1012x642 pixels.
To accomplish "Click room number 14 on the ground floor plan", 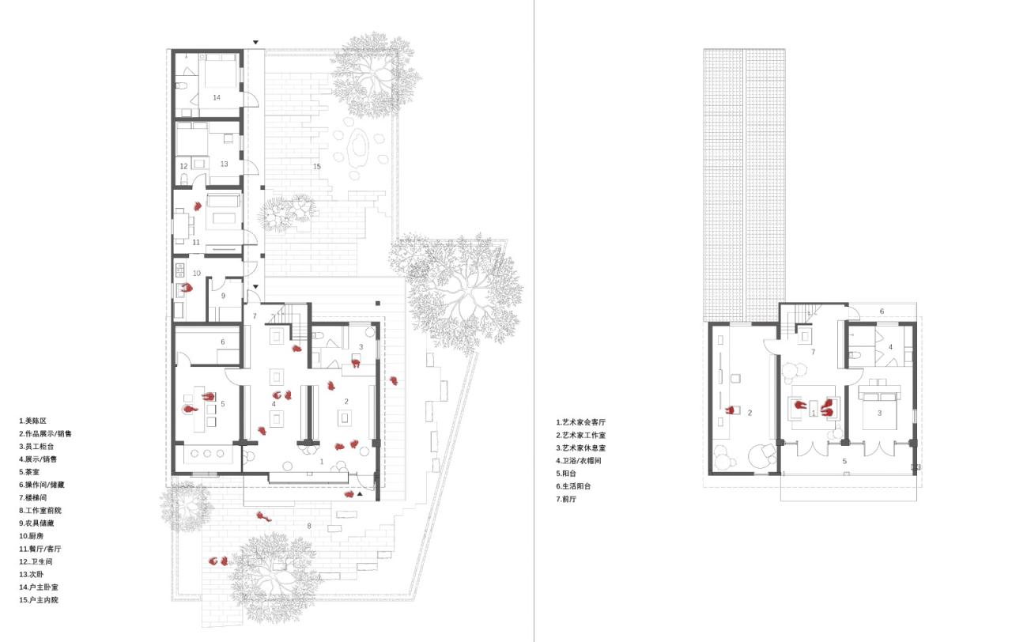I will [x=216, y=96].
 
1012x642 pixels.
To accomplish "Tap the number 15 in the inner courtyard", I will [x=317, y=166].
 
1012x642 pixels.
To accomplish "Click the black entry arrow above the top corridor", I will [x=255, y=42].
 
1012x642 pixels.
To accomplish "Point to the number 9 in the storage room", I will [x=223, y=296].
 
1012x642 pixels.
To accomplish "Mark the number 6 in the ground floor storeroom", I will [x=222, y=342].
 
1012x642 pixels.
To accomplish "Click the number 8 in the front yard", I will [x=309, y=525].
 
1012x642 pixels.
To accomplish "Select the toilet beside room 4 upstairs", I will [x=855, y=355].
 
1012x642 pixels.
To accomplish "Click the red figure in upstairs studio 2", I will [x=734, y=410].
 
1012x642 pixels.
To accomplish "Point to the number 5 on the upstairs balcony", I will [x=844, y=460].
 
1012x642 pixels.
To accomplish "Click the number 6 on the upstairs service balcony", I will [x=882, y=312].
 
